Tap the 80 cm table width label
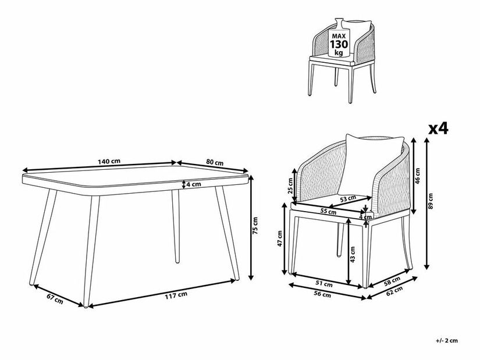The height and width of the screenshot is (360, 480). [x=215, y=162]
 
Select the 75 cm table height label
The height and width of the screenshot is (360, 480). [x=255, y=226]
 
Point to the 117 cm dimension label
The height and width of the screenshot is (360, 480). [x=176, y=295]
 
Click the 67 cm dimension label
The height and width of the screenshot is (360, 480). [x=55, y=298]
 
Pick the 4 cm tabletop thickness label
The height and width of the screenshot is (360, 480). [x=194, y=184]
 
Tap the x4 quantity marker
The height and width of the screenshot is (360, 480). [x=438, y=129]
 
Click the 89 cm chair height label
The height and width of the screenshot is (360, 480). [x=431, y=201]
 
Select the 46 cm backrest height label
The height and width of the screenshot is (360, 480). [x=418, y=176]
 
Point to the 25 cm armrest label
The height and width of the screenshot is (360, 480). [x=290, y=186]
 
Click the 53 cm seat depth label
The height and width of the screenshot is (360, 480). [x=349, y=198]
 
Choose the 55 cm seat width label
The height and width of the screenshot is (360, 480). [x=328, y=211]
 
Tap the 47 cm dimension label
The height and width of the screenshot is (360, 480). [x=280, y=239]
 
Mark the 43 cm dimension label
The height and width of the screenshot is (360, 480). [x=353, y=255]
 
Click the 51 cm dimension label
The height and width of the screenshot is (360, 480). [x=324, y=283]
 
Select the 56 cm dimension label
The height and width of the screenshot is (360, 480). [x=323, y=294]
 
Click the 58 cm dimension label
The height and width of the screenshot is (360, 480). [x=392, y=280]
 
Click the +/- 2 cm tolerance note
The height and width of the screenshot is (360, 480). [x=447, y=340]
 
